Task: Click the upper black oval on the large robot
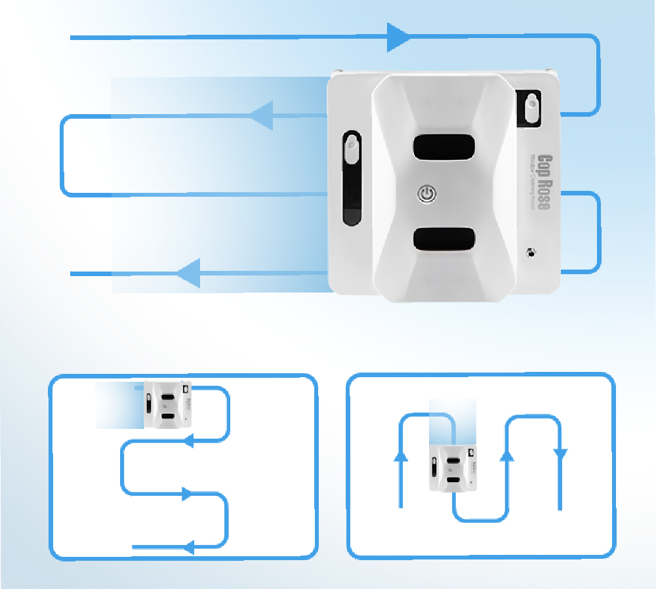(443, 147)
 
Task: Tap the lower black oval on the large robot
(443, 239)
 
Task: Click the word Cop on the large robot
(544, 164)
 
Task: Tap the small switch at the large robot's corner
(531, 107)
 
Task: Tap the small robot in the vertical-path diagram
(453, 467)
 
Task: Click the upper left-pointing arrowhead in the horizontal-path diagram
(188, 442)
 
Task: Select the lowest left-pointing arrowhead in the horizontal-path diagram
(188, 546)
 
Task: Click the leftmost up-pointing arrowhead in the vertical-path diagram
(400, 455)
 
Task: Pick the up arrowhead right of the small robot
(506, 455)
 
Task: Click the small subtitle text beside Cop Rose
(533, 181)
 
